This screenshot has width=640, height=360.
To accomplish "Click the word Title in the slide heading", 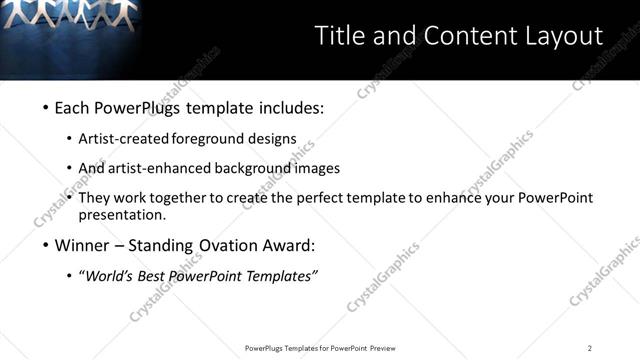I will (339, 36).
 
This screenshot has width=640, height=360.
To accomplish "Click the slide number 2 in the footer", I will (590, 348).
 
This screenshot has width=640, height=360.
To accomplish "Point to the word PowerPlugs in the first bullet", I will (136, 108).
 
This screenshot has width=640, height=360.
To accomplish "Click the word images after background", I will (317, 169).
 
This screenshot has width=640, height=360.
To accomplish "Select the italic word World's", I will (108, 276).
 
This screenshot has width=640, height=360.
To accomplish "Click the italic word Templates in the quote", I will (278, 276).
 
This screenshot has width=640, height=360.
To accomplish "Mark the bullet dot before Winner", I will (46, 246).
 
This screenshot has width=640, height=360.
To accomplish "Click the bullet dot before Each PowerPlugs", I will (46, 108).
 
